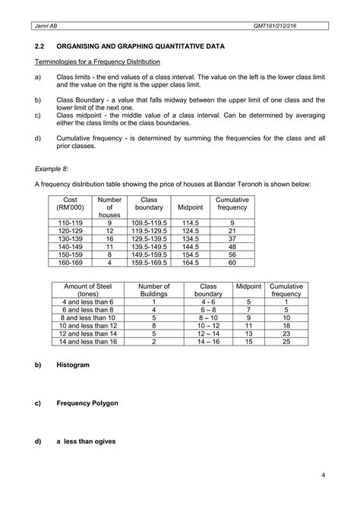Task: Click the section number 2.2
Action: pos(40,46)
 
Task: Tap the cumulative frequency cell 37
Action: pos(232,239)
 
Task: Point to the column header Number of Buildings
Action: pos(153,289)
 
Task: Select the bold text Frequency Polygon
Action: pos(87,403)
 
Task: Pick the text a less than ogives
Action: pos(87,441)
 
